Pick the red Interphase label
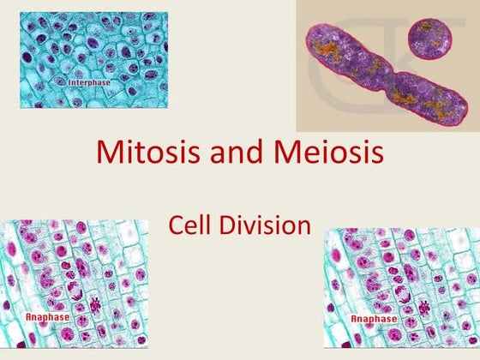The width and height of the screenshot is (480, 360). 91,80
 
